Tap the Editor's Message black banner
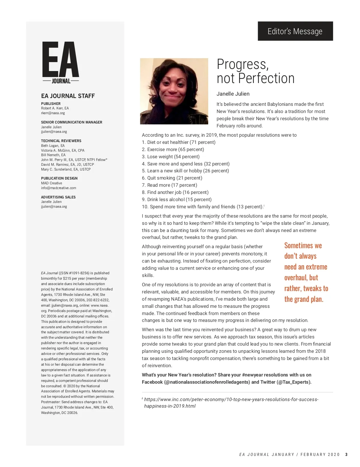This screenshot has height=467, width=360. coord(295,31)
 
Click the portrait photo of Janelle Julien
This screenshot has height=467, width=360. coord(174,91)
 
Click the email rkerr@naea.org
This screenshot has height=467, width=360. coord(53,113)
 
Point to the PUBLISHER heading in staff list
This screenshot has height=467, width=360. coord(51,104)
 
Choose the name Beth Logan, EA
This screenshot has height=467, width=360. coord(53,146)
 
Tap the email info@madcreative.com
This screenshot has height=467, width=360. coord(58,188)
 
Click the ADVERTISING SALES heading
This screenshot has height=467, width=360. coord(58,197)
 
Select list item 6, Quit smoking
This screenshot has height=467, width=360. coord(172,178)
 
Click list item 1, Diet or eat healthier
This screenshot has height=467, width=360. coord(179,142)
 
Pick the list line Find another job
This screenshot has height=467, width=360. coord(175,192)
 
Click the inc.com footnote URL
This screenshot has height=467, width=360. coord(231,403)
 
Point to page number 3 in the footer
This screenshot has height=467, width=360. coord(346,454)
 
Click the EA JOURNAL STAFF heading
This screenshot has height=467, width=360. coord(68,96)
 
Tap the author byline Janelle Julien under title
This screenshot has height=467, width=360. coord(233,94)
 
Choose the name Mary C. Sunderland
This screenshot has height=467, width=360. coord(66,169)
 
